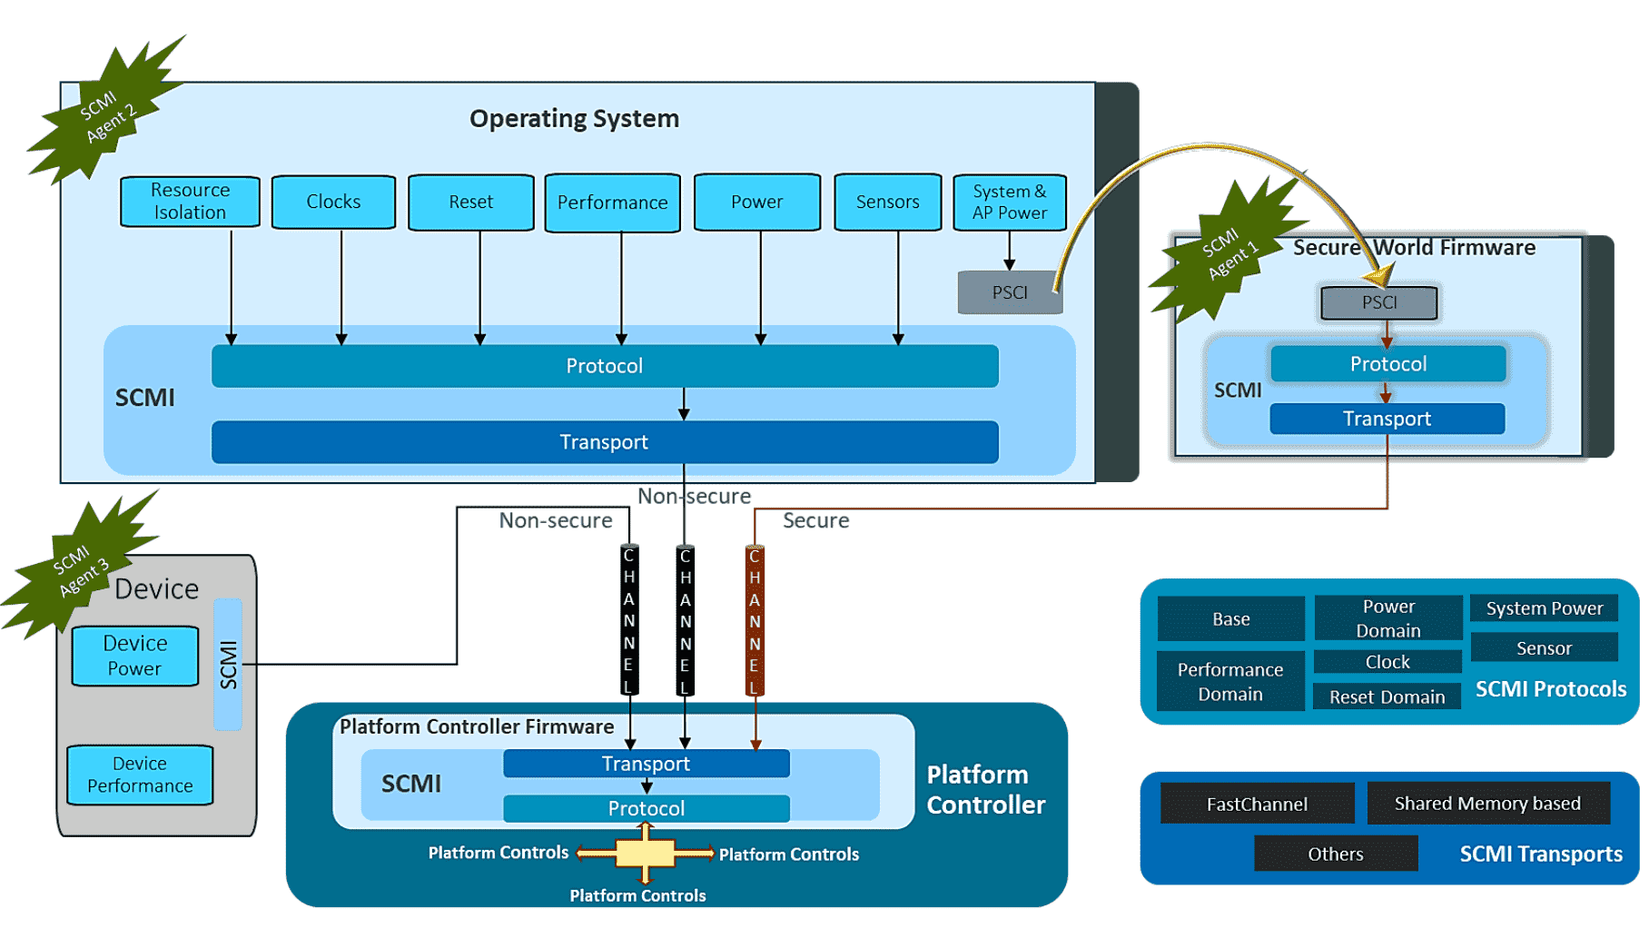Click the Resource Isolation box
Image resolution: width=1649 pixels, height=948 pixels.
click(x=190, y=201)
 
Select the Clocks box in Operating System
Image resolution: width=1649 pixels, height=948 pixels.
click(x=333, y=202)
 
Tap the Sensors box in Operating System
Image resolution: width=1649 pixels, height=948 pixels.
click(x=887, y=202)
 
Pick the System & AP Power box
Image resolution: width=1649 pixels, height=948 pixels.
click(x=1009, y=202)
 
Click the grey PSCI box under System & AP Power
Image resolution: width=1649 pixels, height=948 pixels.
click(x=1009, y=292)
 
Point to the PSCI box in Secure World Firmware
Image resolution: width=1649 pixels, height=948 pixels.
click(x=1378, y=302)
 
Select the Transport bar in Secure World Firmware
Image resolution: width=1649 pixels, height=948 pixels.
click(x=1387, y=419)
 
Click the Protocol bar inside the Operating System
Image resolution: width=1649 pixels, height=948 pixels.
click(x=604, y=366)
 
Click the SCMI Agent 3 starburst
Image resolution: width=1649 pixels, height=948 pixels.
click(x=80, y=568)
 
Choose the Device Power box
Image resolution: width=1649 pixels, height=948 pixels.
click(x=134, y=656)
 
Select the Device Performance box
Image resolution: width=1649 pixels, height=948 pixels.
click(x=140, y=775)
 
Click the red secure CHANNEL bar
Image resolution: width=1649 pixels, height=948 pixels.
click(x=755, y=621)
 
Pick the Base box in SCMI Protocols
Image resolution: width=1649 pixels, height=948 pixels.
click(x=1230, y=619)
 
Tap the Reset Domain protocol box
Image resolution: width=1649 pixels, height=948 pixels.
click(x=1387, y=696)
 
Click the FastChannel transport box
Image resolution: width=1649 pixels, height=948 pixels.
click(x=1257, y=804)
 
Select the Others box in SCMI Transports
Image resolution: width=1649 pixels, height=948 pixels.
click(x=1335, y=854)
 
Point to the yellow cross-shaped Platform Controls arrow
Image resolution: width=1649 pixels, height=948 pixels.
click(x=645, y=853)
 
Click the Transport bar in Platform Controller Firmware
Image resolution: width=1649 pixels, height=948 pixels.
click(x=646, y=764)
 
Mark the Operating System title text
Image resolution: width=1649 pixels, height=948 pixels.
click(x=574, y=119)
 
